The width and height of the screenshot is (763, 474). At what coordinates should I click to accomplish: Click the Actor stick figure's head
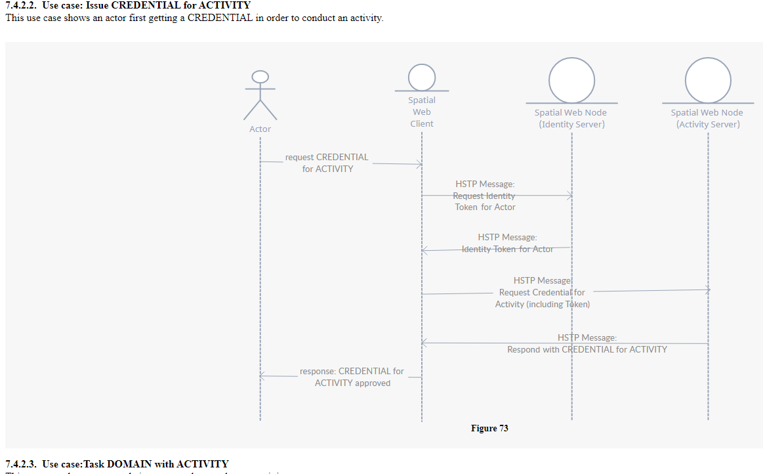click(x=260, y=77)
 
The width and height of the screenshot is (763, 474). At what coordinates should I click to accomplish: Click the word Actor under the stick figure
click(x=260, y=129)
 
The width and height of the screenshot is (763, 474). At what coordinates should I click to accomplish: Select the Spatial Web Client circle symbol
click(x=422, y=77)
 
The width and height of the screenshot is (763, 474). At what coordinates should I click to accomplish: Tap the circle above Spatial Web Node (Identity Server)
click(x=571, y=80)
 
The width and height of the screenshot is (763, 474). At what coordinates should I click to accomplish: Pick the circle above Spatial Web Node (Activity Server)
click(x=708, y=80)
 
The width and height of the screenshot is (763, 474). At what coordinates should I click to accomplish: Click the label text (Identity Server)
click(x=571, y=125)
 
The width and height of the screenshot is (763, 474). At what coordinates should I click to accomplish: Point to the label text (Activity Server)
click(x=708, y=125)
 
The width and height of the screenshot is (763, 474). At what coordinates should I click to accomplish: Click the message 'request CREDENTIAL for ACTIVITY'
click(x=327, y=163)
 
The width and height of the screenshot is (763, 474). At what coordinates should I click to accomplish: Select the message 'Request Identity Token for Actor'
click(x=485, y=196)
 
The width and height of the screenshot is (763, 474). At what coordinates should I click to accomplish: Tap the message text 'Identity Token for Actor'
click(x=507, y=249)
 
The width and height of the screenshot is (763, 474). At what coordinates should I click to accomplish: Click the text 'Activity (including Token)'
click(x=543, y=304)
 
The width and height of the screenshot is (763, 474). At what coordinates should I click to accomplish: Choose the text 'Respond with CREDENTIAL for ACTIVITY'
click(x=587, y=349)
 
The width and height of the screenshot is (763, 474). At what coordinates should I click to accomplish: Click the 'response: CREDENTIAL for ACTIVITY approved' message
click(x=352, y=377)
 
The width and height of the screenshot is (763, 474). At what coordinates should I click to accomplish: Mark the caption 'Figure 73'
click(x=489, y=429)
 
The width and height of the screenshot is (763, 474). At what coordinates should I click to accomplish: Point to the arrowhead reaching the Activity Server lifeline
click(x=707, y=290)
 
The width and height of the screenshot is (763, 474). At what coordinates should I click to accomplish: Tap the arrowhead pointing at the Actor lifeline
click(x=262, y=377)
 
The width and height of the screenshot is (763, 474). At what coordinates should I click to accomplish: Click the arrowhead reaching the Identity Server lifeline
click(x=570, y=196)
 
